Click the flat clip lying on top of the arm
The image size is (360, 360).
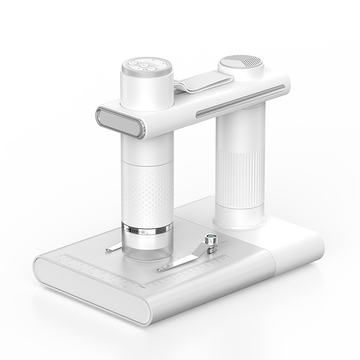tap(202, 84)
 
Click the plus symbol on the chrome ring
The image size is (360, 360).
tap(143, 232)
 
